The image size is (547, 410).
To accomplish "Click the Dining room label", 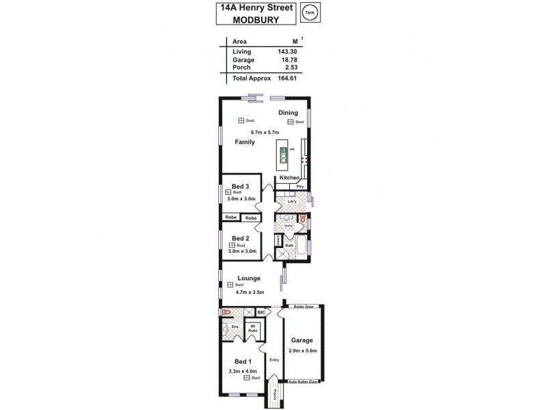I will click(289, 113).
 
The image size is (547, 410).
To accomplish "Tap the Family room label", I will click(245, 142).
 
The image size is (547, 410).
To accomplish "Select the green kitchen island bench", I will click(282, 156).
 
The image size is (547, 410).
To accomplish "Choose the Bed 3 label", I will click(240, 187).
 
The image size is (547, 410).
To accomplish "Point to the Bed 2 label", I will click(240, 238).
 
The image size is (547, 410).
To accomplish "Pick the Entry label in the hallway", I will click(274, 359).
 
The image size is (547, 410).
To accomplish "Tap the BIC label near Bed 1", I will click(261, 312).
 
